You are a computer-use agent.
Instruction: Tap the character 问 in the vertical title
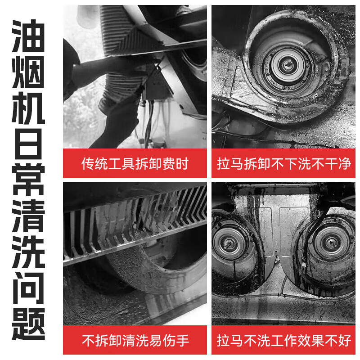[x=28, y=293]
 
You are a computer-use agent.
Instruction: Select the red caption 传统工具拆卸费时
[x=135, y=163]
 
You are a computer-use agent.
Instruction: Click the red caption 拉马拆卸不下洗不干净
[x=284, y=163]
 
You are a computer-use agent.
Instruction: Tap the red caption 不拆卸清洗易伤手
[x=135, y=340]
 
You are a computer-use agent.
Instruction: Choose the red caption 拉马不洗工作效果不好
[x=284, y=340]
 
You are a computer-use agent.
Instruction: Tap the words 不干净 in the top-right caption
[x=332, y=163]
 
